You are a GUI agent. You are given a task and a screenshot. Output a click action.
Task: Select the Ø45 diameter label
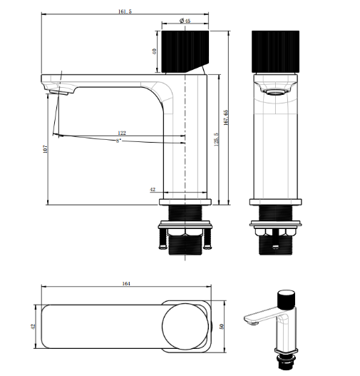(x=185, y=21)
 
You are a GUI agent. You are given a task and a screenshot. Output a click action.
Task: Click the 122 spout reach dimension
(x=123, y=133)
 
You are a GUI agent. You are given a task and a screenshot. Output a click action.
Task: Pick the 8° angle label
(x=119, y=141)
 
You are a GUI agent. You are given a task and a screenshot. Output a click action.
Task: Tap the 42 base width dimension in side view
(x=153, y=190)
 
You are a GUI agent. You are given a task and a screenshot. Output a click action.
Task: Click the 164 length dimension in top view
(x=126, y=284)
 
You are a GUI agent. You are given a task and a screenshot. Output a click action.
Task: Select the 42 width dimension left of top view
(x=31, y=325)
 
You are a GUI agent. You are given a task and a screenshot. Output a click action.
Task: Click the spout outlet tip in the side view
(x=57, y=89)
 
